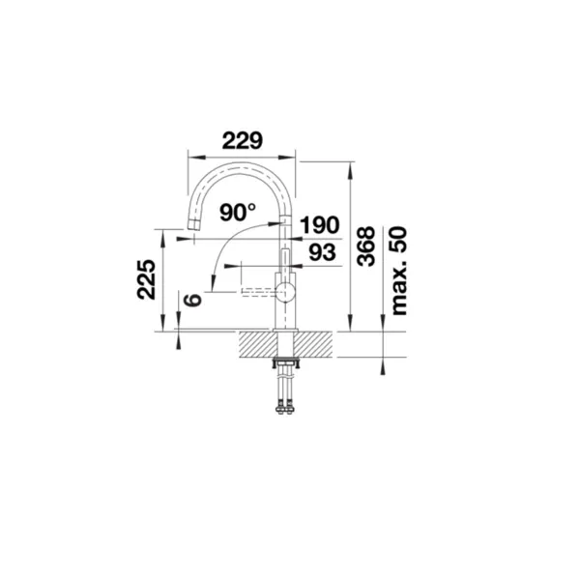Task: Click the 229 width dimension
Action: click(x=243, y=140)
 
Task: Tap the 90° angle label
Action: click(x=238, y=213)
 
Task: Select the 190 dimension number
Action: click(x=320, y=225)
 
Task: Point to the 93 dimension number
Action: click(x=323, y=252)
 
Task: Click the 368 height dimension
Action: click(x=365, y=246)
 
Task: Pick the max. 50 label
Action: click(x=398, y=271)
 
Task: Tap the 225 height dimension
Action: click(x=146, y=279)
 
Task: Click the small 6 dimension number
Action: click(x=192, y=300)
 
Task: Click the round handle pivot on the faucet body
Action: click(x=285, y=291)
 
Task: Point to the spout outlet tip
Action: click(x=193, y=224)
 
